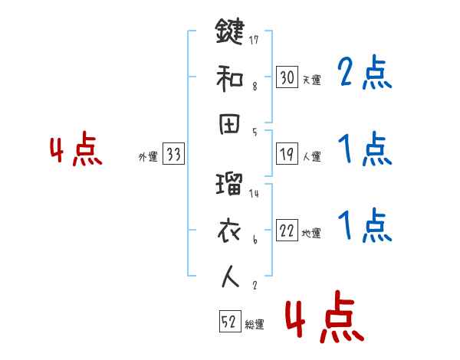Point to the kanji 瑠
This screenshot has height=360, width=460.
tap(229, 186)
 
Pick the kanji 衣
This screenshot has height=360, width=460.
tap(229, 231)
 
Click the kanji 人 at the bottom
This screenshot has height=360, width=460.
tap(229, 277)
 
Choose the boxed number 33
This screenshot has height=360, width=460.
tap(173, 155)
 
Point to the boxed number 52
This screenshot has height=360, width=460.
tap(228, 322)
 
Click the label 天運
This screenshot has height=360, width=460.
tap(312, 80)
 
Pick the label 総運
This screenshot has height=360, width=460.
tap(254, 325)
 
